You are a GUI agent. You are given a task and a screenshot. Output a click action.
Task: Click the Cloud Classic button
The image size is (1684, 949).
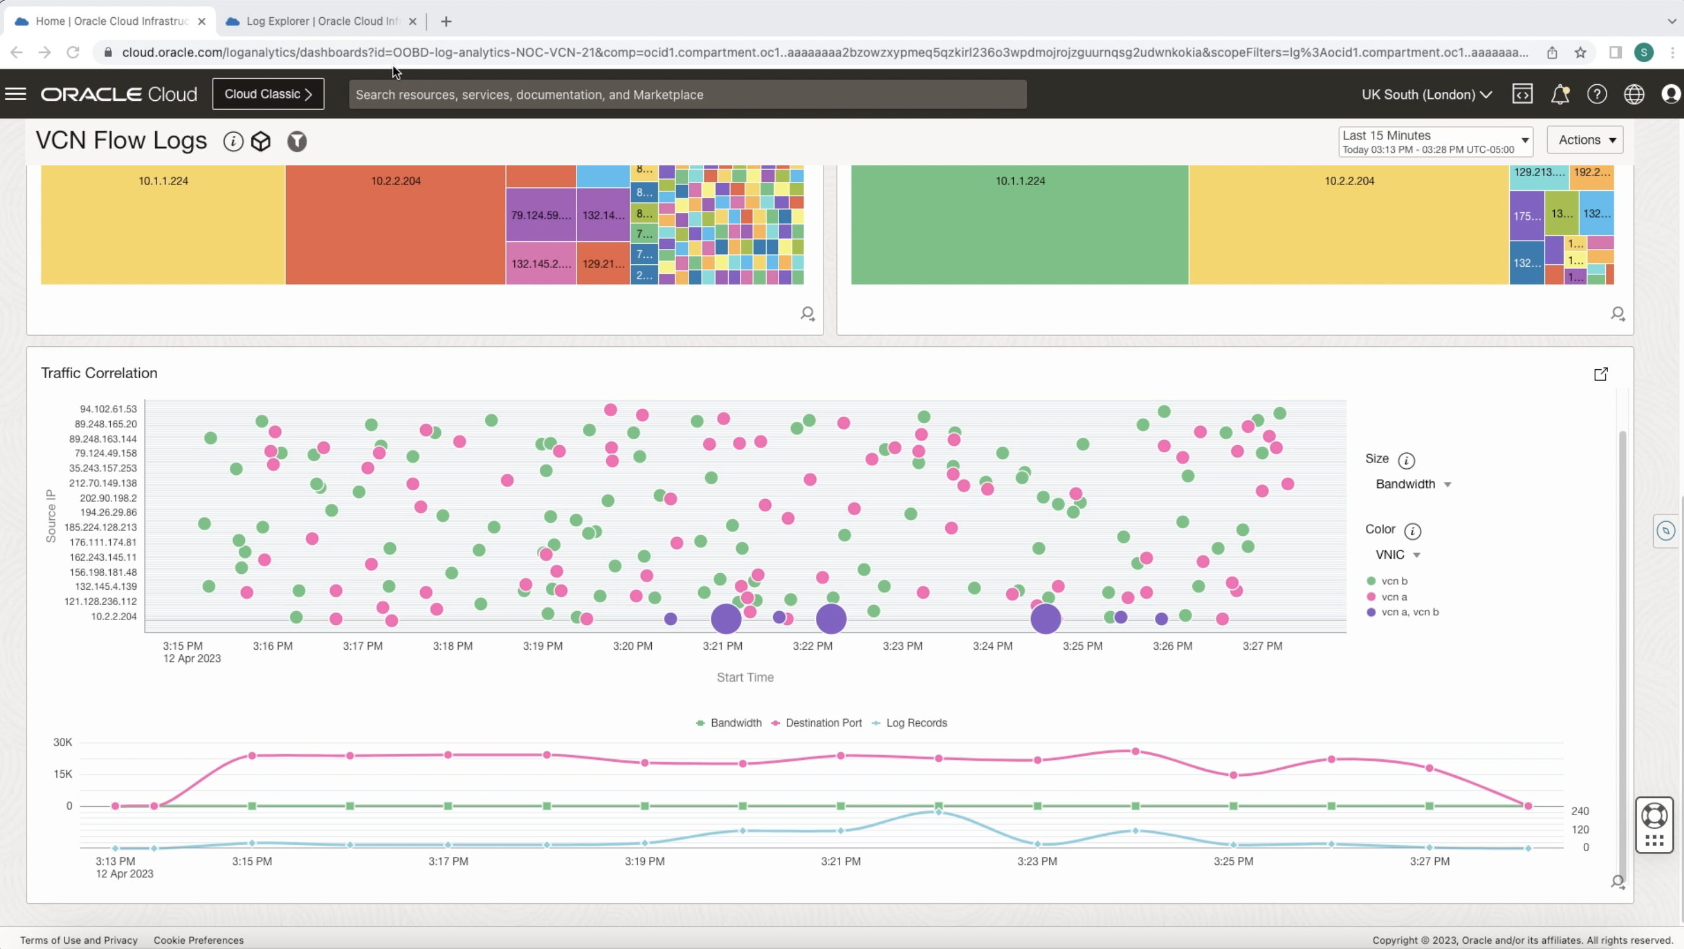tap(268, 94)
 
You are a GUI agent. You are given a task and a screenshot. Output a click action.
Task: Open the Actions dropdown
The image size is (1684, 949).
tap(1585, 140)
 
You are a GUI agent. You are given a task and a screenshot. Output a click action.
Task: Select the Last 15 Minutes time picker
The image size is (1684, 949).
tap(1435, 141)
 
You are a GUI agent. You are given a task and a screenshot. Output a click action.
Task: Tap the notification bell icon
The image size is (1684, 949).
tap(1560, 95)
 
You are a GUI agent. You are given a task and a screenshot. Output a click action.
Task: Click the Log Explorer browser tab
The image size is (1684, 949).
tap(322, 21)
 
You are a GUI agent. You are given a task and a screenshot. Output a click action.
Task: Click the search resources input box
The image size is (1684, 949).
tap(686, 95)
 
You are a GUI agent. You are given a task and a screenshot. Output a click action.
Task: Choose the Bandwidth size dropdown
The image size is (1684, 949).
tap(1413, 484)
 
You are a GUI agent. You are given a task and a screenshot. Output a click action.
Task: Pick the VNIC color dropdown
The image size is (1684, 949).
tap(1398, 555)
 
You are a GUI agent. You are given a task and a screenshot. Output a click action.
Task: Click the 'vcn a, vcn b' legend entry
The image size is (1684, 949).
tap(1410, 612)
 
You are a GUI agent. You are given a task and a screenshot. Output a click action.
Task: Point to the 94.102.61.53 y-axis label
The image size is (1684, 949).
tap(108, 409)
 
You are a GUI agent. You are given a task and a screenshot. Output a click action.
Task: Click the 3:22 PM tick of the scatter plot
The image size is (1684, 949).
tap(812, 646)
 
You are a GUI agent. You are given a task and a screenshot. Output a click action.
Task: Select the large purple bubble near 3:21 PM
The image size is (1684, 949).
tap(726, 618)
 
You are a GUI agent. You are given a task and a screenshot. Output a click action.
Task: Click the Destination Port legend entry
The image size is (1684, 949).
tap(823, 723)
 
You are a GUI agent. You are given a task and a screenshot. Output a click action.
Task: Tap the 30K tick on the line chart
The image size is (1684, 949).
tap(63, 742)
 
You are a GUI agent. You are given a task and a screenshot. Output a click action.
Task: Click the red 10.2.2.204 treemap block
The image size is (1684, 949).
tap(395, 222)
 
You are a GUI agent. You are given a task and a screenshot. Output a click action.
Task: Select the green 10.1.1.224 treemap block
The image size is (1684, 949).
tap(1019, 222)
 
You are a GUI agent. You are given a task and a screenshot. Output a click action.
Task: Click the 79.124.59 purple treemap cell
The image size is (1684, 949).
tap(540, 215)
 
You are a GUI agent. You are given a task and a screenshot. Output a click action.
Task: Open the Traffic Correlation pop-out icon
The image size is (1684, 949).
tap(1600, 374)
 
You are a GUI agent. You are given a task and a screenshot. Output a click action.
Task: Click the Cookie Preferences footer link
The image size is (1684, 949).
tap(199, 940)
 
